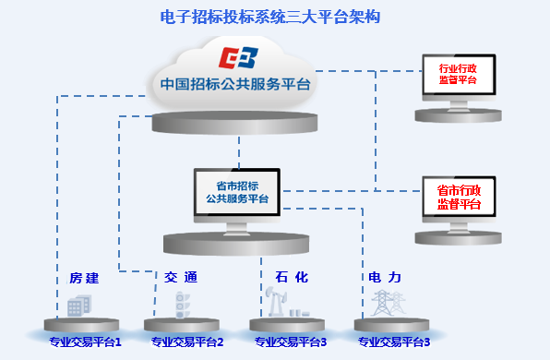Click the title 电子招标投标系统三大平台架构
click(270, 17)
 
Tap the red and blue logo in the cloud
click(238, 57)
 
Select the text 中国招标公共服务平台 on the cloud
click(235, 84)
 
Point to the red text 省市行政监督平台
click(459, 198)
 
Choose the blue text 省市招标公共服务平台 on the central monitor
click(237, 191)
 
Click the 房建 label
click(84, 278)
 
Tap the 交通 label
click(181, 277)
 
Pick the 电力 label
click(385, 277)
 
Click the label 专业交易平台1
click(86, 343)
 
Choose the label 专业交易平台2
click(187, 343)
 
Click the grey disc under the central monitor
click(238, 243)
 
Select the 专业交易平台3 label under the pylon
click(394, 343)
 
